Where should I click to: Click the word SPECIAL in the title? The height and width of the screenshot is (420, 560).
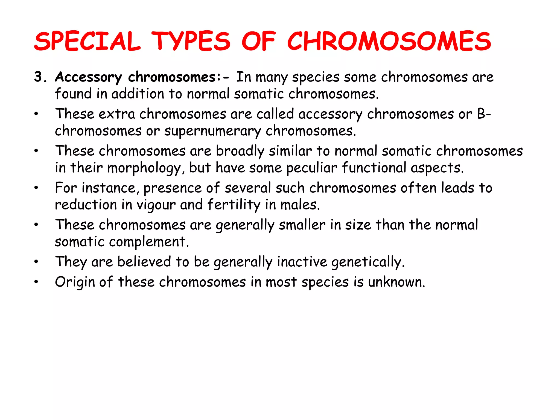[87, 42]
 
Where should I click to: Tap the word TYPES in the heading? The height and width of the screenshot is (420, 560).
[191, 42]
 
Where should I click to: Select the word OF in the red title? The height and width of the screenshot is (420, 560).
[258, 42]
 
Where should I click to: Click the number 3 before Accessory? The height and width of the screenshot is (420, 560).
[38, 77]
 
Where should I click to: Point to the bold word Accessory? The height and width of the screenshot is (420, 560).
[88, 77]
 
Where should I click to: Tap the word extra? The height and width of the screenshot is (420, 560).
[117, 114]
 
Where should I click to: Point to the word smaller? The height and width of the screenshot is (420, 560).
[302, 225]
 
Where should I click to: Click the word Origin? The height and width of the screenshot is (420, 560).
[74, 282]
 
